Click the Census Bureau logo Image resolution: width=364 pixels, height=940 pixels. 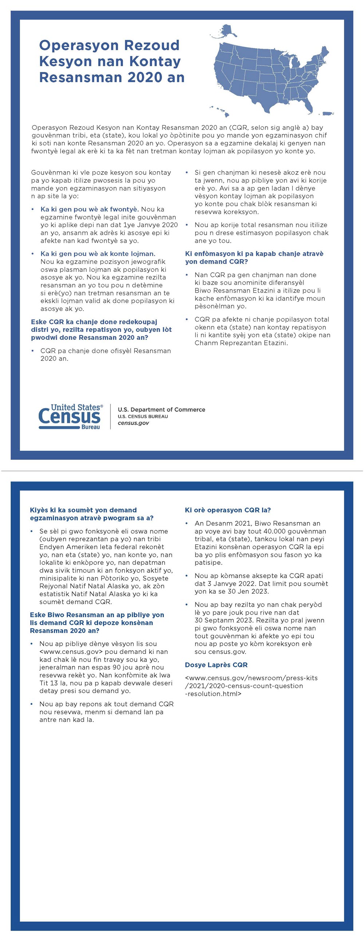(71, 416)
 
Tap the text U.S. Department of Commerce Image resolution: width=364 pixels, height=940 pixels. (161, 409)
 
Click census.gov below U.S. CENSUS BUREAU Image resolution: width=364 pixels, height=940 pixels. (133, 423)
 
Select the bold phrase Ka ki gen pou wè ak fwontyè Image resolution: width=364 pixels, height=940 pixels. (90, 209)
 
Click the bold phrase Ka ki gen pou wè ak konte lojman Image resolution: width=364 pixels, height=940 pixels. (98, 254)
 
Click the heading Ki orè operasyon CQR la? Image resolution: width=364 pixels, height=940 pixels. (228, 510)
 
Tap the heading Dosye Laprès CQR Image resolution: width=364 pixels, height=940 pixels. (216, 664)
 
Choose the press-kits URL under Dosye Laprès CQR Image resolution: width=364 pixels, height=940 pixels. (251, 686)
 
